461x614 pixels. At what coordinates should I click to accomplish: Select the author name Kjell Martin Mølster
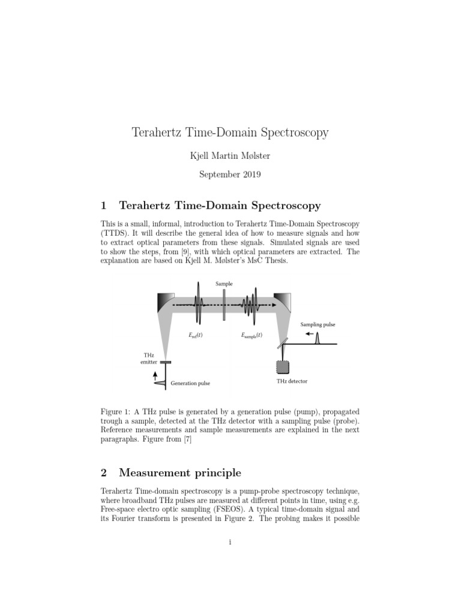(230, 156)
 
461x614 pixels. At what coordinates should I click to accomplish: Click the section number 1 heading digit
(104, 206)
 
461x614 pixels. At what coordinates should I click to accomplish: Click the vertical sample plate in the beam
(223, 305)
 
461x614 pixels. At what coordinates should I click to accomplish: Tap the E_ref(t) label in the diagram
(195, 336)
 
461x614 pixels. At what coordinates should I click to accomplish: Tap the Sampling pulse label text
(318, 324)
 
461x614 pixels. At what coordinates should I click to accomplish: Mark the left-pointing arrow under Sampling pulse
(310, 334)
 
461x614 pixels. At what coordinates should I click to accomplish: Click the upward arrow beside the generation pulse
(156, 375)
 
